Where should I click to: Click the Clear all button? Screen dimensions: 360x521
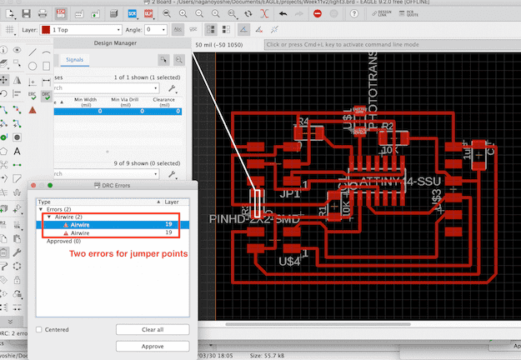click(152, 330)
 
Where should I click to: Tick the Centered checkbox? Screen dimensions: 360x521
click(40, 330)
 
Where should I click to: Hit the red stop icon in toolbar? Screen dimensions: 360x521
click(318, 13)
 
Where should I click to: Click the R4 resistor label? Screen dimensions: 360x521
click(303, 122)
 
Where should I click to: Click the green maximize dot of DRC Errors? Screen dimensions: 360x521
click(51, 185)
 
